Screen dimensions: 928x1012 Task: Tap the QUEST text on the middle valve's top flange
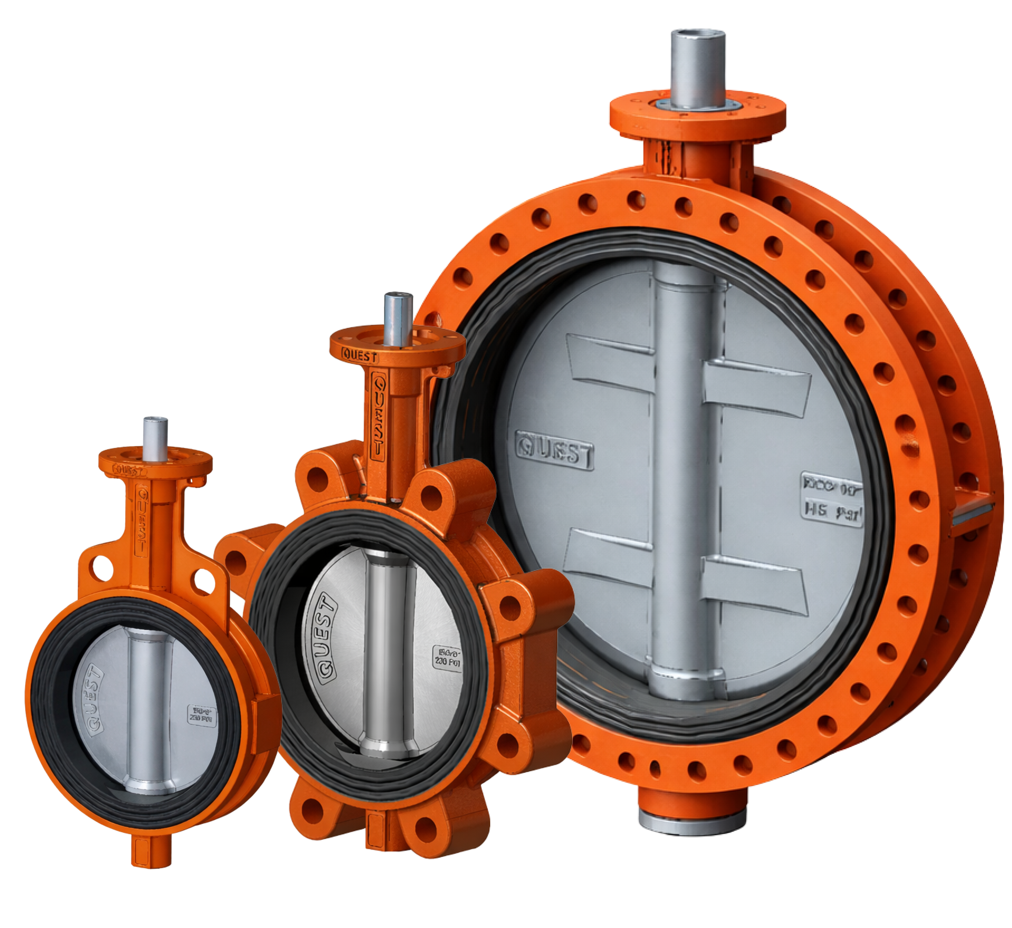[359, 356]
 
